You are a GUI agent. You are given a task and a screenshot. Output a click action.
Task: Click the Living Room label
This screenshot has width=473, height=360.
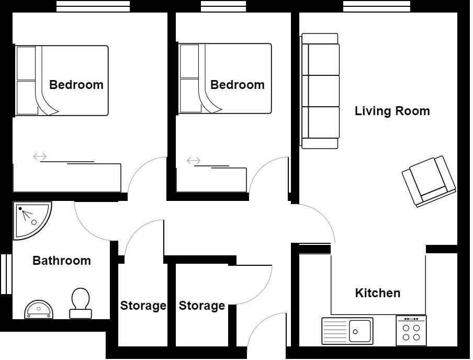[x=392, y=111]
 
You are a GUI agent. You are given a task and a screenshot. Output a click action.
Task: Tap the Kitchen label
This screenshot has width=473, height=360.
[x=377, y=293]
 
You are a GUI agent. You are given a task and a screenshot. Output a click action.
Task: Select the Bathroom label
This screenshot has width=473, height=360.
[x=61, y=261]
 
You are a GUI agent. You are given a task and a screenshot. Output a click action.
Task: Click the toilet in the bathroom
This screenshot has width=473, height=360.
[x=80, y=303]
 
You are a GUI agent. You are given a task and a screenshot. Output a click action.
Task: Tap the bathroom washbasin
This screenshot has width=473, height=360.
[x=39, y=310]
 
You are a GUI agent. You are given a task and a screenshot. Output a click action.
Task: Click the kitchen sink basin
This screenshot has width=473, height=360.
[x=360, y=331]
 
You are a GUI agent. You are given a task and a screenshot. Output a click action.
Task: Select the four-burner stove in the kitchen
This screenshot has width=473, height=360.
[x=411, y=330]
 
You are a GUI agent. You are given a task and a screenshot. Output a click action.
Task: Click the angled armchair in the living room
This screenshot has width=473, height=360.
[x=429, y=181]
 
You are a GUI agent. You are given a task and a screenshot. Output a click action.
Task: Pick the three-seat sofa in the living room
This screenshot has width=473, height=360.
[x=320, y=91]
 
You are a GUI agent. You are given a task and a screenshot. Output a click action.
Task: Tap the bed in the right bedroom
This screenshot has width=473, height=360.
[x=225, y=78]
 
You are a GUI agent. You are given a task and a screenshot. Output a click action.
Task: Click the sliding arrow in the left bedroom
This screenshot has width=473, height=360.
[x=40, y=156]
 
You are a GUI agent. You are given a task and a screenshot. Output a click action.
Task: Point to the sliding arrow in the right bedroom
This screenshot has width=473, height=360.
[x=194, y=161]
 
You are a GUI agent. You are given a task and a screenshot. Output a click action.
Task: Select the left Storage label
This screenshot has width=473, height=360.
[x=143, y=306]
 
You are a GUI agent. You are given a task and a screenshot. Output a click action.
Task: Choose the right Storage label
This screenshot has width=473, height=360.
[x=201, y=306]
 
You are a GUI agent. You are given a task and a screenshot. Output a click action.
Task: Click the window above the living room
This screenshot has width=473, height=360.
[x=376, y=6]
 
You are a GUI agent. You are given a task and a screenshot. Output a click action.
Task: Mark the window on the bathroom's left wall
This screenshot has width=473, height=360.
[x=6, y=274]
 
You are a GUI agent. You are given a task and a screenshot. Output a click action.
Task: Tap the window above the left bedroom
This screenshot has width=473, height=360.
[x=93, y=6]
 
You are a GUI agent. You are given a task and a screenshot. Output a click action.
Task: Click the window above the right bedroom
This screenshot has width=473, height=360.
[x=223, y=6]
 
